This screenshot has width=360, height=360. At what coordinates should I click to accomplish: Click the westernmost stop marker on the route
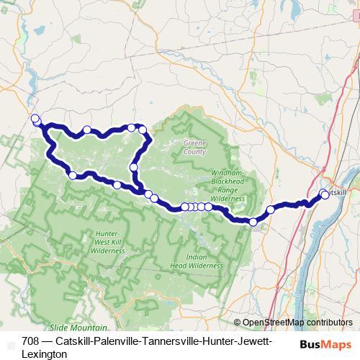35,118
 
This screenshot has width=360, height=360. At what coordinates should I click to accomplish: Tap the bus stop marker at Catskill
324,194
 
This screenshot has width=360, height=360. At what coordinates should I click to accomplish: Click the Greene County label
195,148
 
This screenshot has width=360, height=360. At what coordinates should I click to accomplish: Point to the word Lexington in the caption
45,354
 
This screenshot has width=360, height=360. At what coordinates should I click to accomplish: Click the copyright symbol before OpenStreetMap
238,323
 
